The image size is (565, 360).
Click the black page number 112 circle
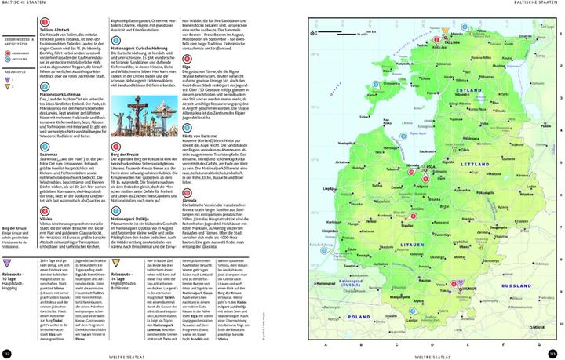tap(7, 352)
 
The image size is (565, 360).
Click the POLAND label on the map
tap(360, 317)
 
